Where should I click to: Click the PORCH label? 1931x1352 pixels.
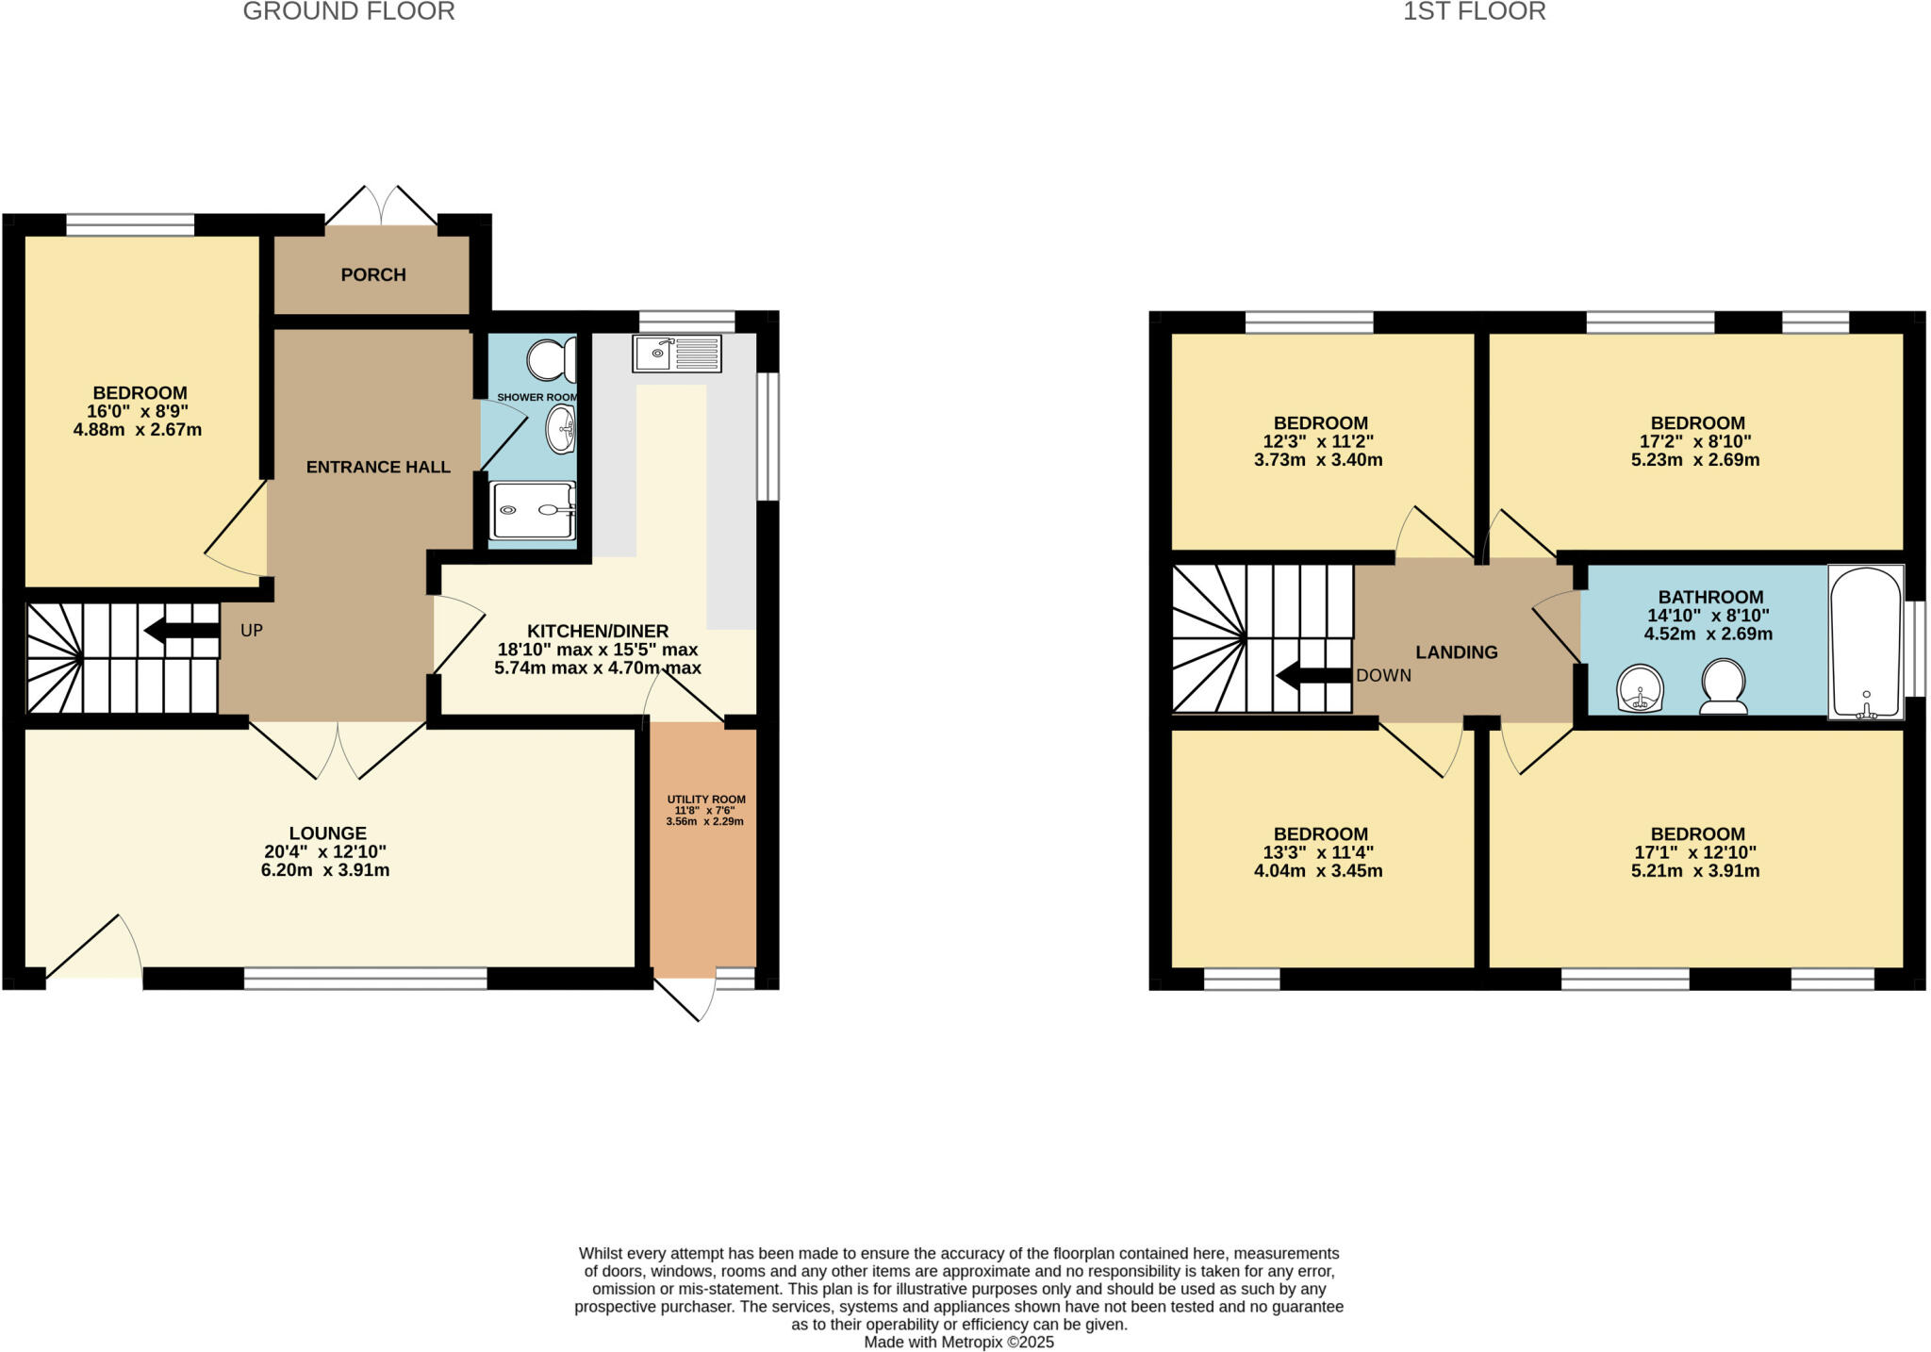click(x=373, y=274)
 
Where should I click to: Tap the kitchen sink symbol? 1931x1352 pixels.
click(x=676, y=354)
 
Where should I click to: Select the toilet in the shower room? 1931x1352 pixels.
click(x=551, y=360)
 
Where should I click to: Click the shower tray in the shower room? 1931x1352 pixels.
click(x=532, y=510)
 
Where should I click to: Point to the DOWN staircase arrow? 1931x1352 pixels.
click(x=1313, y=675)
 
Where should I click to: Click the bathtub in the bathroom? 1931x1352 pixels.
click(x=1865, y=641)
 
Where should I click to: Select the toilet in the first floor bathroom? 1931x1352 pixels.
click(x=1723, y=685)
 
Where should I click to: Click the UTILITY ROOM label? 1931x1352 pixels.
click(x=706, y=800)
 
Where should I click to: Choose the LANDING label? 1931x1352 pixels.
click(x=1456, y=651)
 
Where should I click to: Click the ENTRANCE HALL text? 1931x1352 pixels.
click(x=378, y=467)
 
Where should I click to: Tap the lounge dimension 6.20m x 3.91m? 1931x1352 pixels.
click(x=325, y=870)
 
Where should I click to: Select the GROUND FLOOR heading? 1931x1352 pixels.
click(x=349, y=11)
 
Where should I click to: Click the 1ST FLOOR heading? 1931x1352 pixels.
click(x=1474, y=11)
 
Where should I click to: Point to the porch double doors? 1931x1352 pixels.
click(x=382, y=206)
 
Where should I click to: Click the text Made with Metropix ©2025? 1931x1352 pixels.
click(x=959, y=1342)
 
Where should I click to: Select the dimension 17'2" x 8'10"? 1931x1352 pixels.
click(x=1694, y=441)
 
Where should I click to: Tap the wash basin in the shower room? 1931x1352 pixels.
click(x=561, y=430)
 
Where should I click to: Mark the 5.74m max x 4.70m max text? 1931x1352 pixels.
click(x=597, y=668)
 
